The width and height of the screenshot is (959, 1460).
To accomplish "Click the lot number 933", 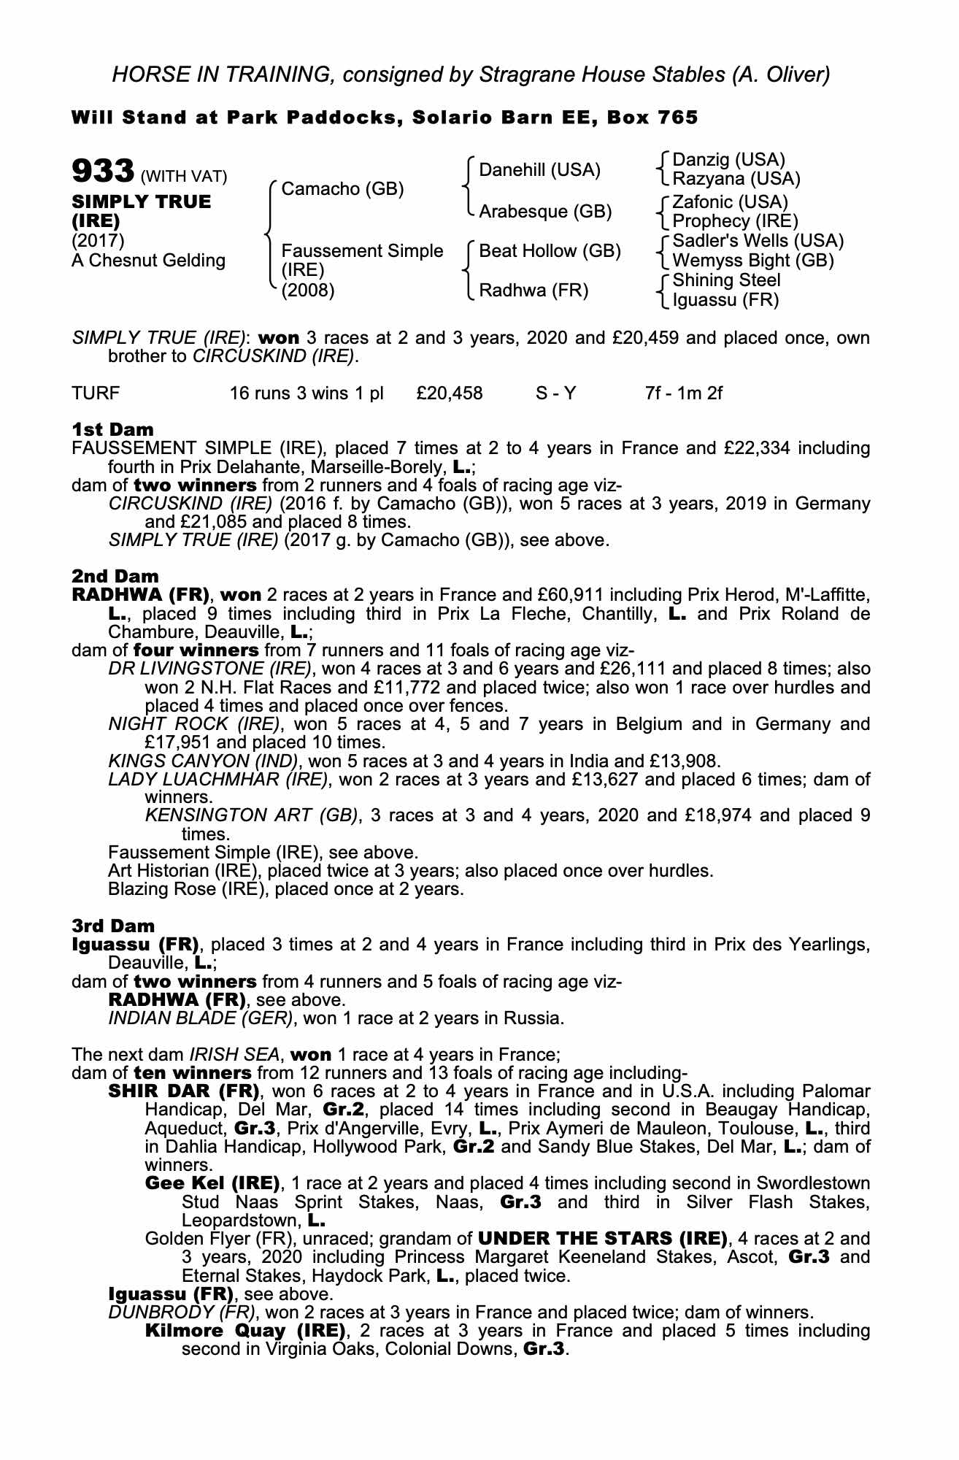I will point(101,172).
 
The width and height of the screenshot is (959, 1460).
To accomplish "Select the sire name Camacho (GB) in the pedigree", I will point(342,190).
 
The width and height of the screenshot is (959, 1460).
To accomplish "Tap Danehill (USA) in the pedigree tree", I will point(539,170).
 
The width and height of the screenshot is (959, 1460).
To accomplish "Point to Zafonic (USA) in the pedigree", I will point(730,201).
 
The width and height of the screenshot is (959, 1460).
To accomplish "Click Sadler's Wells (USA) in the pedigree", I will point(758,241).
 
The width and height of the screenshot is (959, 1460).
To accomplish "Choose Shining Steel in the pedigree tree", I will point(726,280).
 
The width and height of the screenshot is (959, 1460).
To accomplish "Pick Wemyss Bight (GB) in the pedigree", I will point(752,261).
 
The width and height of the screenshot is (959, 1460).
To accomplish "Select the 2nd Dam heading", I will point(115,577).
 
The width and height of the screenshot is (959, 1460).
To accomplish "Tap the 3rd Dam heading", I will point(114,926).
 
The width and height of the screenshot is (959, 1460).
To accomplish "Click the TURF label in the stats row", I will point(96,393).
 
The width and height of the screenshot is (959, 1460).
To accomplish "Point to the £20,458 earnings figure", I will point(449,393).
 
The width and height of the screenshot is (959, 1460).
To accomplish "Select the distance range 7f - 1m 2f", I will point(683,393).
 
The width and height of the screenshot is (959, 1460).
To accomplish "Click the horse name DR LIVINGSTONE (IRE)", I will point(209,669).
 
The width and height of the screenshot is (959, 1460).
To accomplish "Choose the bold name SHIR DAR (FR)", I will point(184,1092).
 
